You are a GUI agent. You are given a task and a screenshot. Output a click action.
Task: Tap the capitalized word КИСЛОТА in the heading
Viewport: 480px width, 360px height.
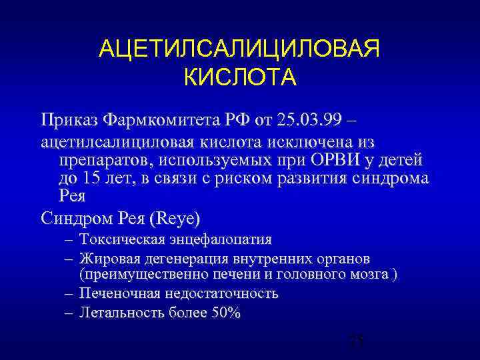(239, 77)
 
